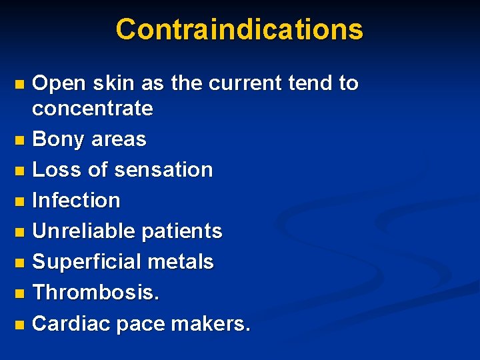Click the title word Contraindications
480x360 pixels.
[x=239, y=29]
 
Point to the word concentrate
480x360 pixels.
[x=93, y=108]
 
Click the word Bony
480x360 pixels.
[x=58, y=139]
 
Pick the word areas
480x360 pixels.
[x=118, y=139]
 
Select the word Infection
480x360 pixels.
[x=76, y=200]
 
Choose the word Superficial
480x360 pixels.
[x=87, y=261]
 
